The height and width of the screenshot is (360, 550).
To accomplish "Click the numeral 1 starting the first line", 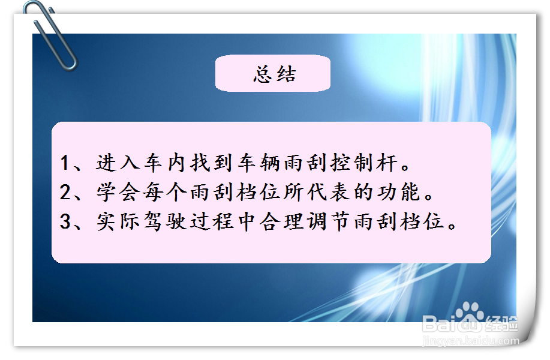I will pos(66,163).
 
